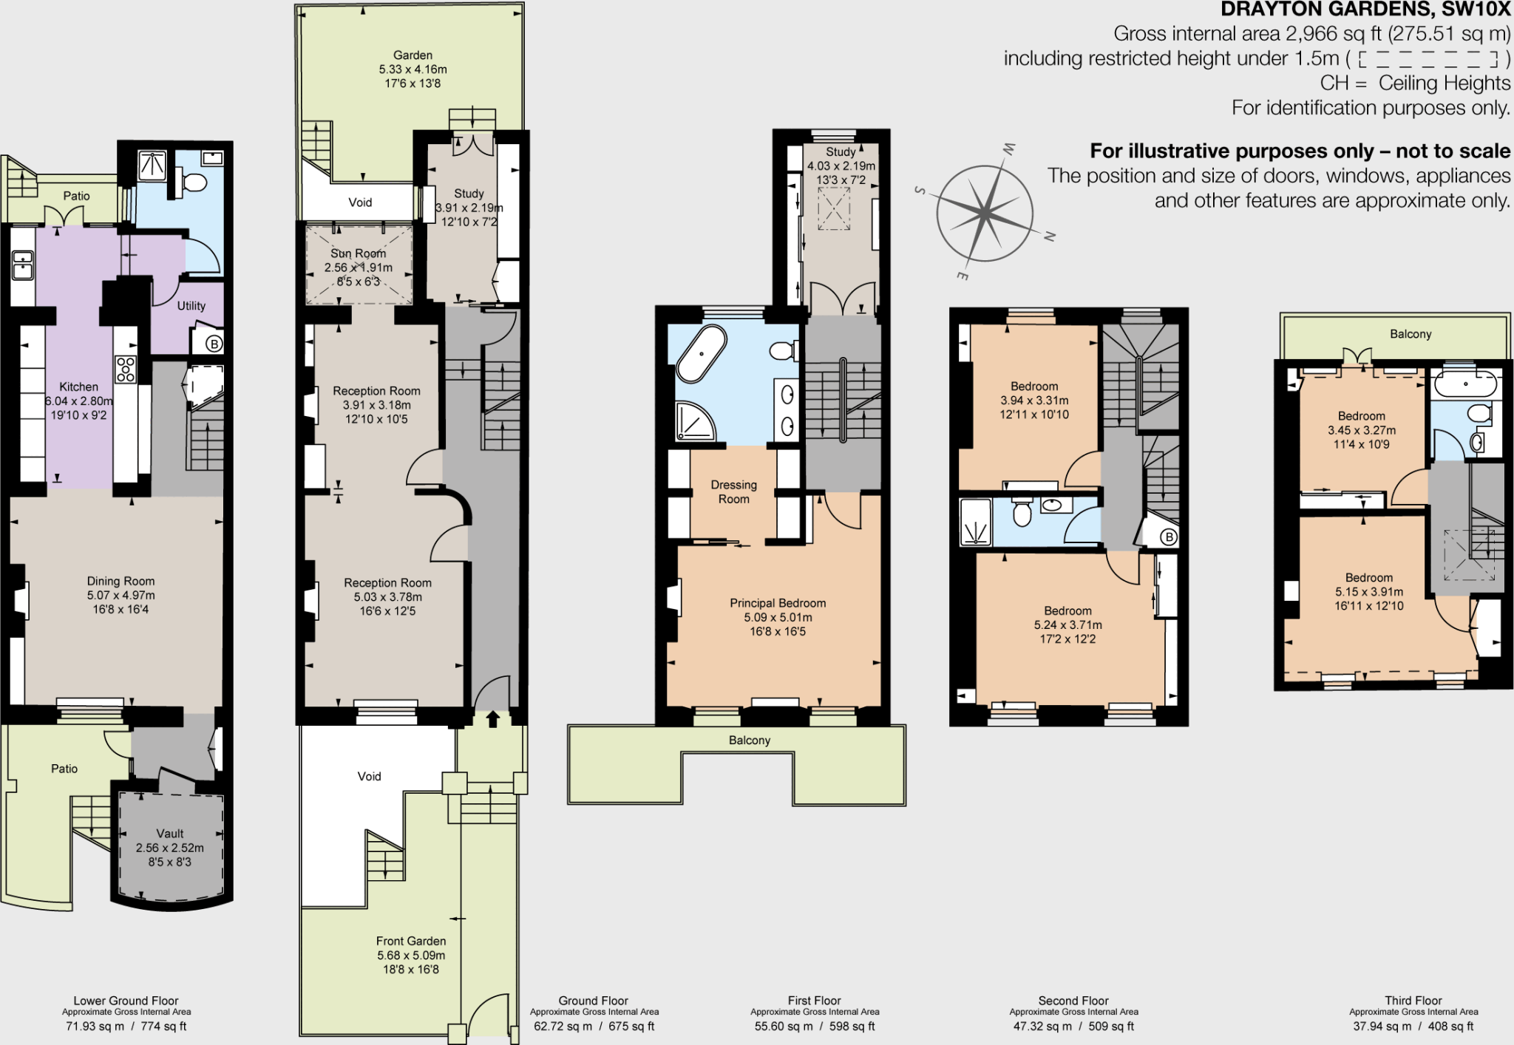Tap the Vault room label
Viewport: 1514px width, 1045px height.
[x=170, y=834]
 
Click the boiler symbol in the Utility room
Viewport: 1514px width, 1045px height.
[x=214, y=344]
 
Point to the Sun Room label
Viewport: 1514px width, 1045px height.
[x=358, y=253]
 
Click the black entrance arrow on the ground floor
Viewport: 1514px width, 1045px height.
[x=492, y=719]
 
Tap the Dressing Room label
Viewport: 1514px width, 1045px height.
[x=733, y=491]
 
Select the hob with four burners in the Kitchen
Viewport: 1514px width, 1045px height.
[x=126, y=369]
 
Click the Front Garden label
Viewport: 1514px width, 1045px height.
[x=411, y=941]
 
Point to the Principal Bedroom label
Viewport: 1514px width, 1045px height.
[x=778, y=603]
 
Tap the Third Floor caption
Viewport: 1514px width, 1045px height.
[x=1413, y=1000]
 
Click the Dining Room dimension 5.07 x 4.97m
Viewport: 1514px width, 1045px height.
[x=120, y=595]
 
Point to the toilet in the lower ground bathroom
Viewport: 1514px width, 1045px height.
[x=193, y=182]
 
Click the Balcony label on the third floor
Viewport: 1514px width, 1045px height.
[x=1410, y=334]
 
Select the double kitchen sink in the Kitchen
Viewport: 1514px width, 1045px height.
[x=23, y=265]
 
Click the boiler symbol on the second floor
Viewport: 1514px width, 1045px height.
[x=1168, y=537]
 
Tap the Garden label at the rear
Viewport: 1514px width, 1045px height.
[x=413, y=55]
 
